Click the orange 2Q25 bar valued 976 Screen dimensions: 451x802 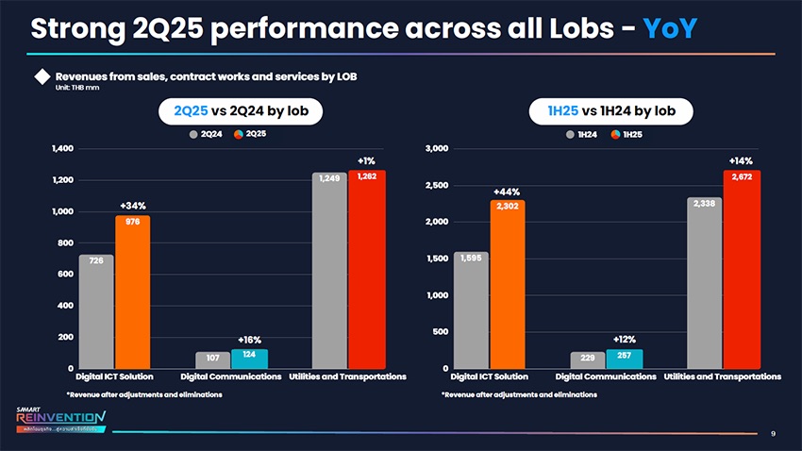[132, 292]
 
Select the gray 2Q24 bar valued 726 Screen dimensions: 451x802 [96, 311]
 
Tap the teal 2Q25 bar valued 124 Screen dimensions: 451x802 [249, 359]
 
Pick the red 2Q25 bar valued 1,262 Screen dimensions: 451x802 [367, 269]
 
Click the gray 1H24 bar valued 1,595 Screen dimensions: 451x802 [471, 309]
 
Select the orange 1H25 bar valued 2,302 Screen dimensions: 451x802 [507, 283]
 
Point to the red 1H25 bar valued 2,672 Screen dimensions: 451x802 [742, 269]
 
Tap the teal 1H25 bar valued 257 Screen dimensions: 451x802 [624, 359]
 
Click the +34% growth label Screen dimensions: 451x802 [132, 206]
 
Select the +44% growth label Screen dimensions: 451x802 [507, 192]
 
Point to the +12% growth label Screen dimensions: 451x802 [624, 339]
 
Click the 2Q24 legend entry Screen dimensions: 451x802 [206, 133]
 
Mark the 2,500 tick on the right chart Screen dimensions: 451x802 [436, 186]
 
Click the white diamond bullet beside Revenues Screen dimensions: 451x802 [42, 76]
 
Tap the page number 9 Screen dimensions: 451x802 [773, 434]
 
